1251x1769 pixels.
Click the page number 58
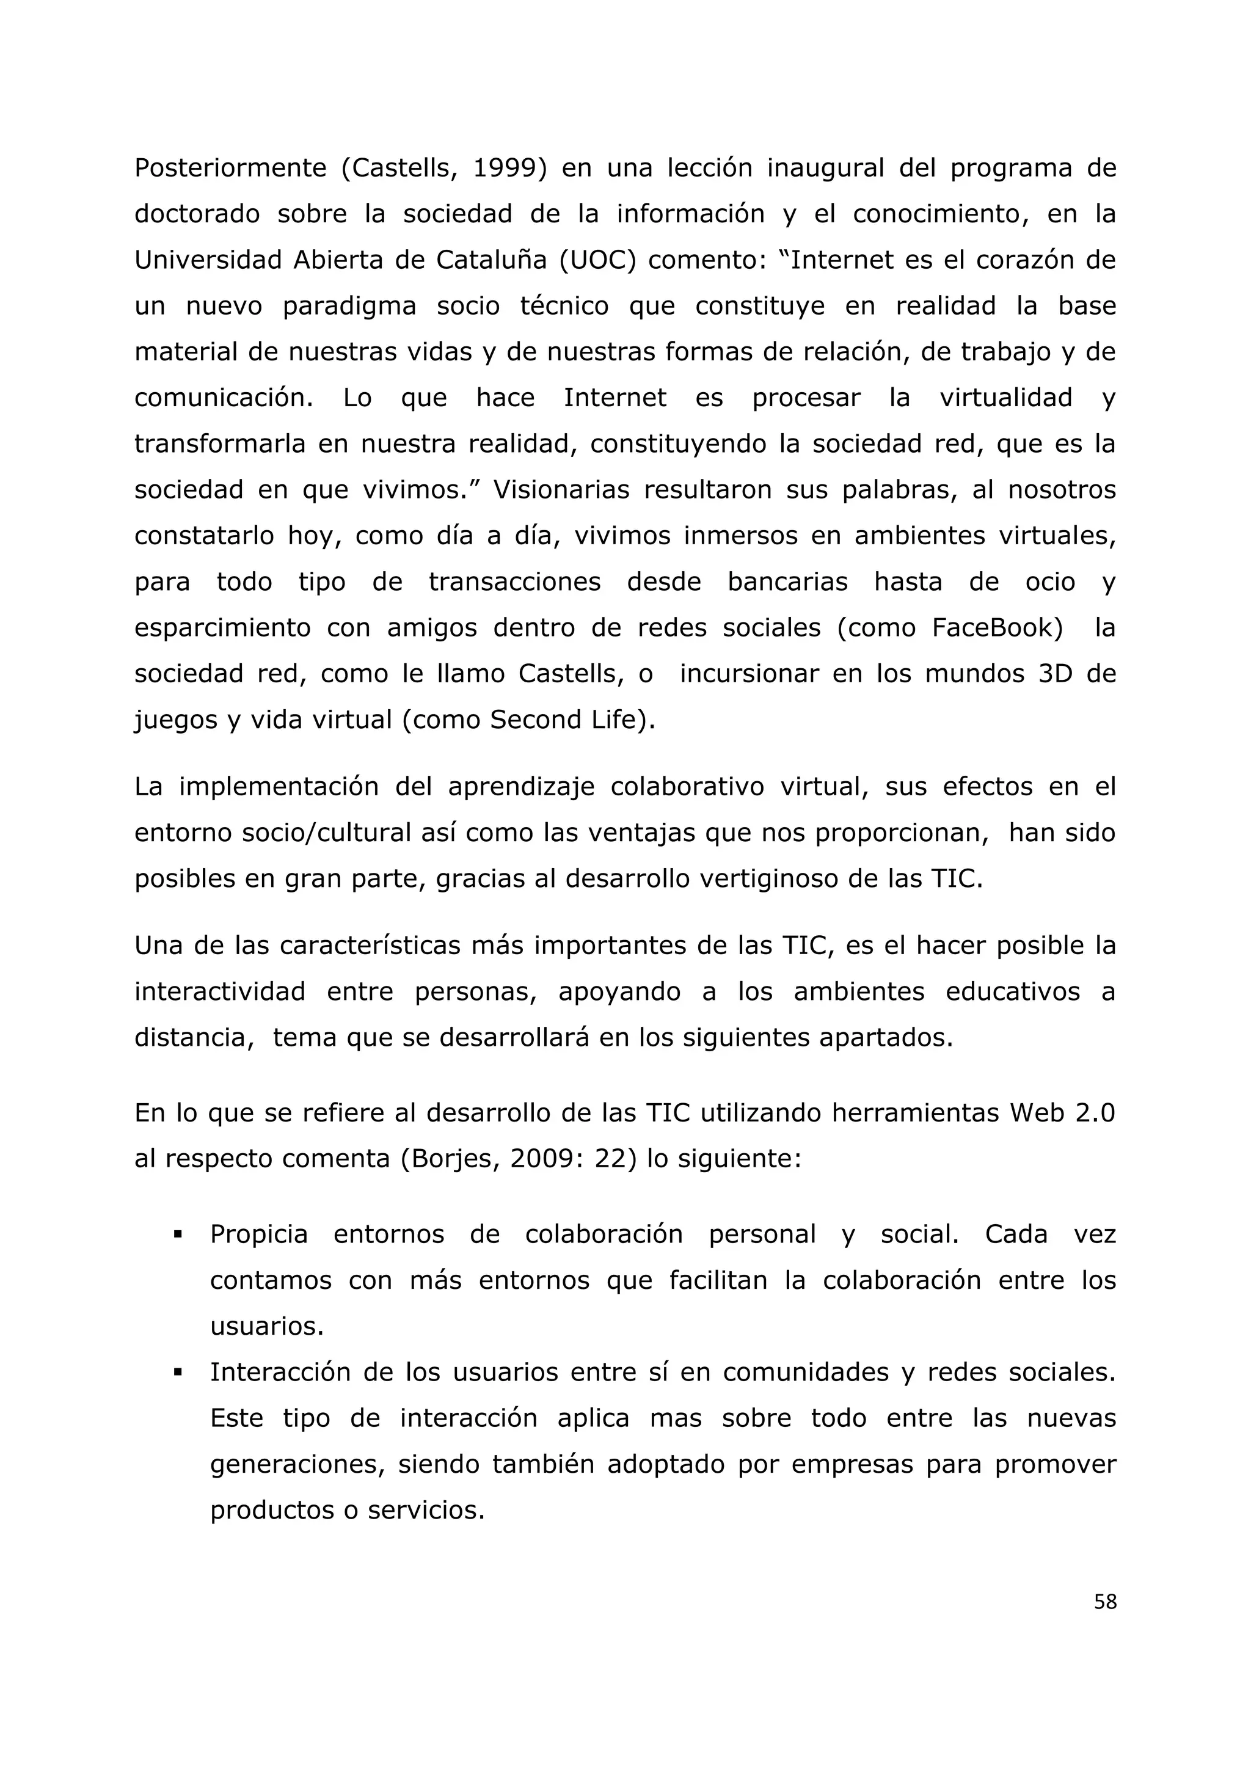pyautogui.click(x=1104, y=1602)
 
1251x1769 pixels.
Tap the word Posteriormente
pyautogui.click(x=230, y=168)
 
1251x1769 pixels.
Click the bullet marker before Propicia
pyautogui.click(x=178, y=1235)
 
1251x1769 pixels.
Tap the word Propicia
pyautogui.click(x=259, y=1235)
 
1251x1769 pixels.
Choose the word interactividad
pyautogui.click(x=219, y=991)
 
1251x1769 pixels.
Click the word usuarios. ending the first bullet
pyautogui.click(x=266, y=1327)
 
